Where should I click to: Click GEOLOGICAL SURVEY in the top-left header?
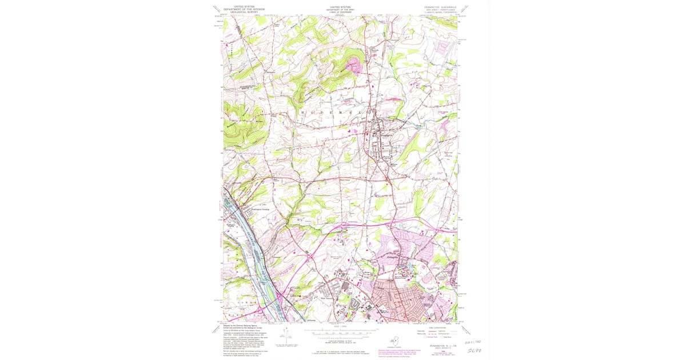coord(240,12)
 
